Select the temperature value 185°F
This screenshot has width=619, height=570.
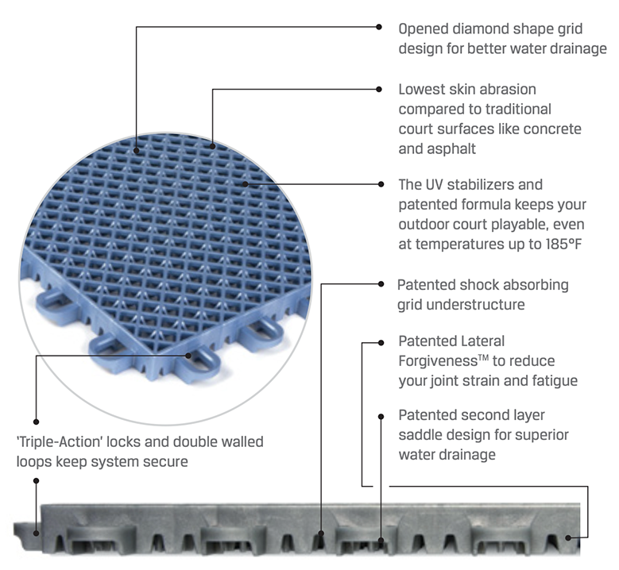pos(555,242)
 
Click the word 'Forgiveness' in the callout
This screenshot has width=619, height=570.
pos(435,361)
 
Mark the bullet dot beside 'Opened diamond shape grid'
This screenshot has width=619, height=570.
pos(379,26)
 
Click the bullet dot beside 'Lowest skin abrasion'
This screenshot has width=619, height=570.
pos(380,90)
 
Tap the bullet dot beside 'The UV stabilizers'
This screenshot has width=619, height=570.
pos(380,184)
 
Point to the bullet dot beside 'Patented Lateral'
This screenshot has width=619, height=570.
pos(380,343)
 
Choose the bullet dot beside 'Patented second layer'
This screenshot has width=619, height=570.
pos(380,414)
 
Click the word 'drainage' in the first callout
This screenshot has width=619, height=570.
pos(578,48)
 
